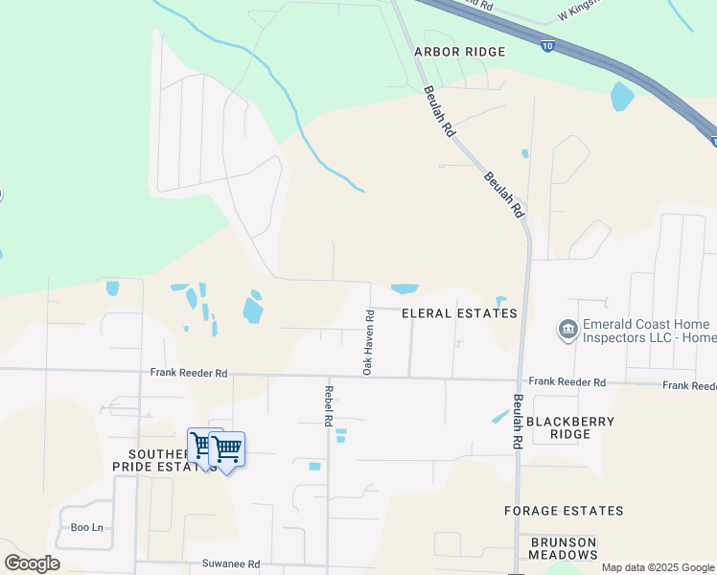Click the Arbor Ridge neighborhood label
[459, 51]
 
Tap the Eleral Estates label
[459, 313]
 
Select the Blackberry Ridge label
[570, 427]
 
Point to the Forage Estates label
[564, 511]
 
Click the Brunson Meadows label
[564, 548]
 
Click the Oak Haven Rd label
[367, 341]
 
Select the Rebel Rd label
[328, 405]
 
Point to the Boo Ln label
[86, 527]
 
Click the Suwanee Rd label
[230, 564]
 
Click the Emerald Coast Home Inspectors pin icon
[567, 331]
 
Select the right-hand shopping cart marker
[227, 448]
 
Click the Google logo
[32, 563]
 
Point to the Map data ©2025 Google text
[658, 567]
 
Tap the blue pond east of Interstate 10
[622, 96]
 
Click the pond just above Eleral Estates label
[405, 288]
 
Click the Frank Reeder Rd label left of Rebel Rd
[189, 372]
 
